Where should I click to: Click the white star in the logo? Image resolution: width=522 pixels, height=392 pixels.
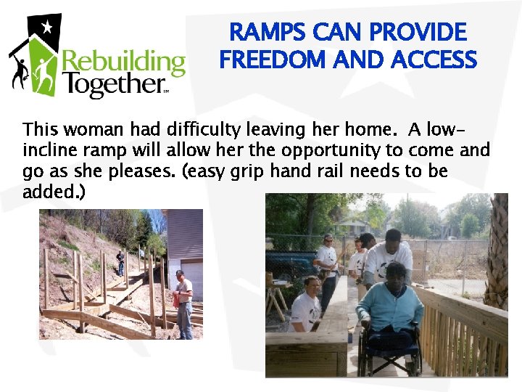(x=47, y=28)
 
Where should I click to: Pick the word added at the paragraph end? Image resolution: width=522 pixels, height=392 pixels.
(x=43, y=193)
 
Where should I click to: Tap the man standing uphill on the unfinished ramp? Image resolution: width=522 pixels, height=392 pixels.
(x=121, y=263)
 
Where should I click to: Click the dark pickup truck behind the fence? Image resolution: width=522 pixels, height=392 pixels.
(x=290, y=265)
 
